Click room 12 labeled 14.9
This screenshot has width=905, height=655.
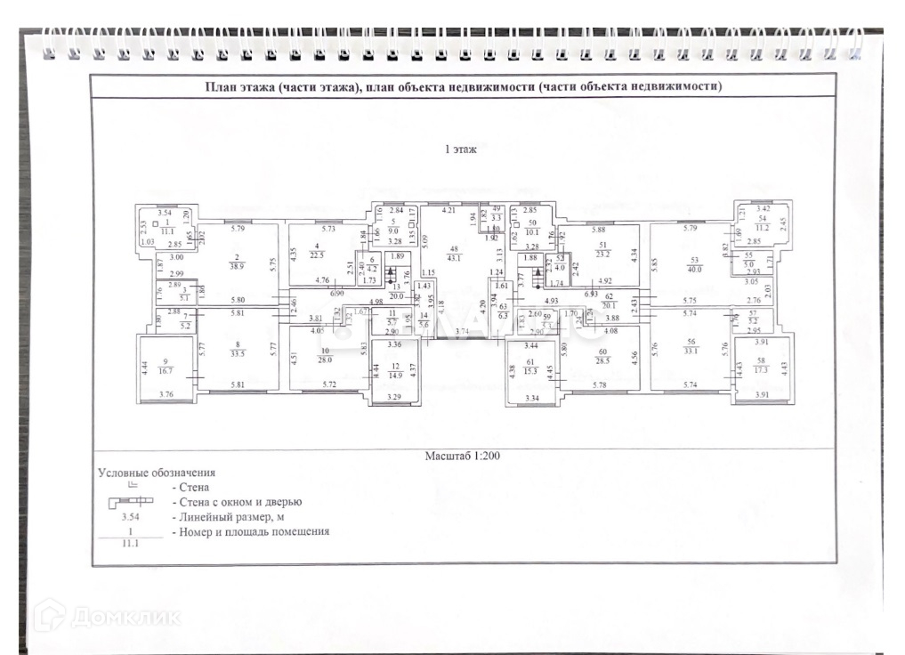tap(399, 370)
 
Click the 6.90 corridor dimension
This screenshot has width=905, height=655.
tap(337, 294)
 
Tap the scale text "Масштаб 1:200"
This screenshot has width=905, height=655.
tap(462, 455)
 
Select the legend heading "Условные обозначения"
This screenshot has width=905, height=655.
tap(157, 473)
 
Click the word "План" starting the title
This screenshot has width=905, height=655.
tap(220, 86)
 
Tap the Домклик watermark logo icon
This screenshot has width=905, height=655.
tap(50, 615)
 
